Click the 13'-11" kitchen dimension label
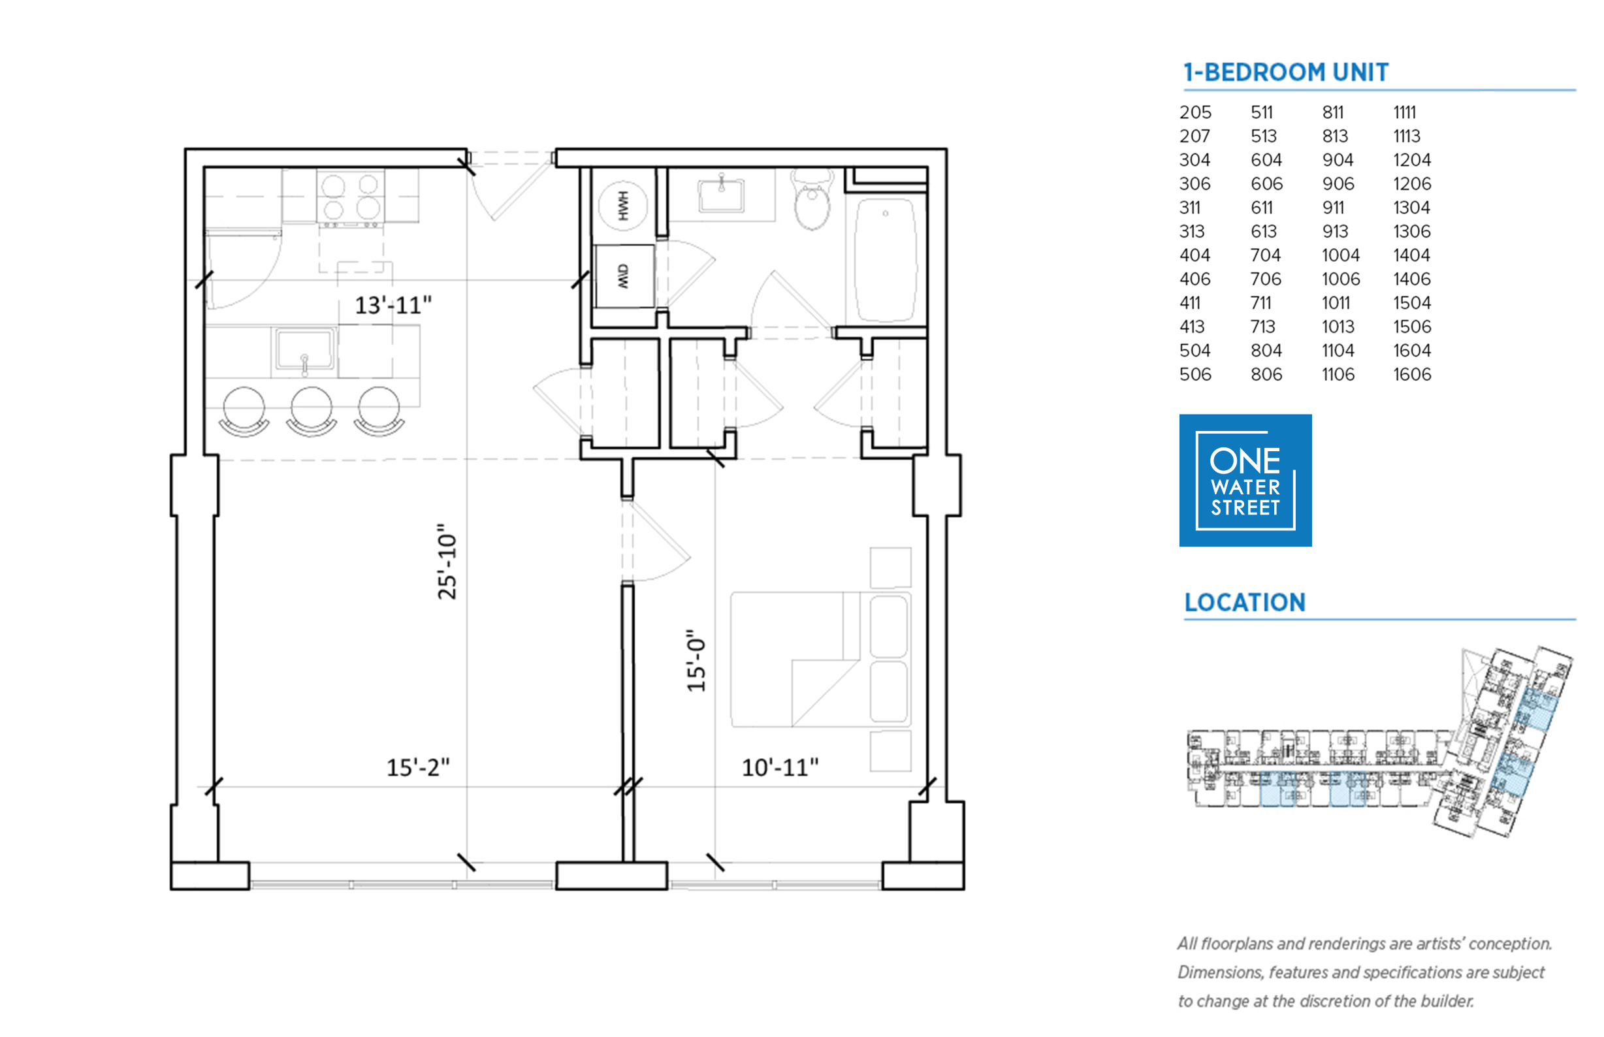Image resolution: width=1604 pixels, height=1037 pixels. [x=393, y=305]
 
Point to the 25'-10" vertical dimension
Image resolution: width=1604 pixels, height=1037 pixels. [x=447, y=562]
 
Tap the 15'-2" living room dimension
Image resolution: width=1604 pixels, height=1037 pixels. [x=417, y=767]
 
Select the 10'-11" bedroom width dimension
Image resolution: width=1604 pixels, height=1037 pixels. [x=780, y=767]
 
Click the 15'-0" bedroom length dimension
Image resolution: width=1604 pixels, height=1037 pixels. [x=696, y=661]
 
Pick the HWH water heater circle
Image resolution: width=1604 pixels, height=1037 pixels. [x=622, y=206]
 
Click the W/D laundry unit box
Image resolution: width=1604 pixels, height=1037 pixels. [x=624, y=276]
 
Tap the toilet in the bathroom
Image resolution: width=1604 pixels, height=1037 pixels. [x=812, y=199]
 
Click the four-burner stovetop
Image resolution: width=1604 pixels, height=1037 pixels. [x=350, y=197]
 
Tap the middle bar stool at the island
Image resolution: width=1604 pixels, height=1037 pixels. [x=311, y=411]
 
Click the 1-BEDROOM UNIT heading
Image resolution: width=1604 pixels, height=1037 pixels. [x=1285, y=72]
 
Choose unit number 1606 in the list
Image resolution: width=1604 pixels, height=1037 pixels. [x=1412, y=374]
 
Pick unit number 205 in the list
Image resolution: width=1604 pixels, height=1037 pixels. [x=1195, y=112]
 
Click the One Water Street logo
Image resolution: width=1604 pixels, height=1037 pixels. [x=1245, y=480]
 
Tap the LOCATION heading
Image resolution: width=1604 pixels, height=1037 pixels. [x=1244, y=602]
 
